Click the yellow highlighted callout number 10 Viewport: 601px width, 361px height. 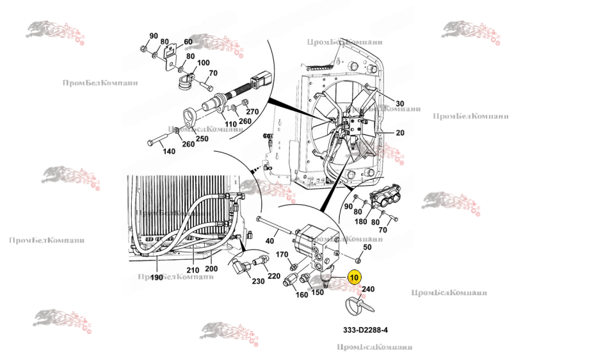pos(355,277)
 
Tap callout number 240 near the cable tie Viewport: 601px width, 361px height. pos(368,289)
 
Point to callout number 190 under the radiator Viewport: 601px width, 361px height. pos(157,278)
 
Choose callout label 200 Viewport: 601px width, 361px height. pos(211,269)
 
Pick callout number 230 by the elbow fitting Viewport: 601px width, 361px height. pos(258,282)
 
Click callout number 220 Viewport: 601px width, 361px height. pos(273,277)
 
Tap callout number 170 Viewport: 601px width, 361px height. pos(282,255)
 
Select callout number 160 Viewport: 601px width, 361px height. pos(301,295)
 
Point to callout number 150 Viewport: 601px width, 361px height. pos(317,293)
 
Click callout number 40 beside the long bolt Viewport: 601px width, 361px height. pos(269,241)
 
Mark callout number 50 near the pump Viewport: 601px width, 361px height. pos(367,247)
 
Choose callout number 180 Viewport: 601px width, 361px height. pos(361,221)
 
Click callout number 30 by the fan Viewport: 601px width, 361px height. pos(400,104)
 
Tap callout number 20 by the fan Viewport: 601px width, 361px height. pos(401,133)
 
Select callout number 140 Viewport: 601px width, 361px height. pos(168,151)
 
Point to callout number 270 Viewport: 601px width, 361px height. pos(252,111)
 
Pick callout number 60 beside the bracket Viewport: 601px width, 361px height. pos(188,42)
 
